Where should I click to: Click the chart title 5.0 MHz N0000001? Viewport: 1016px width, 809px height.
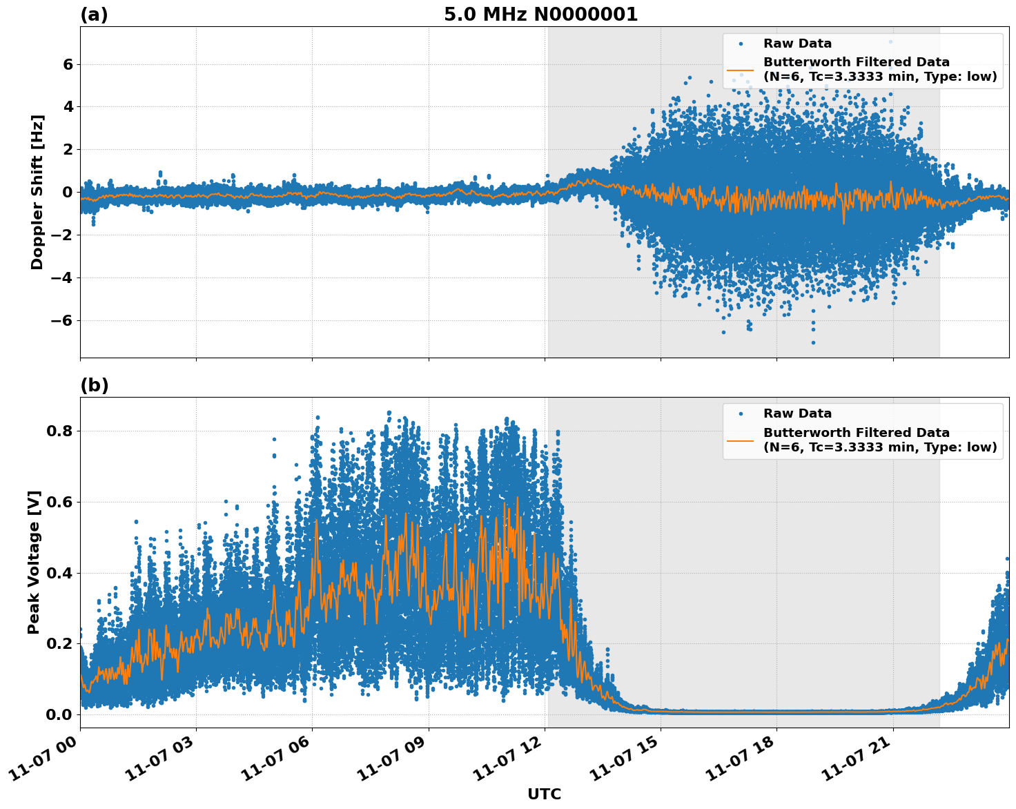[x=540, y=14]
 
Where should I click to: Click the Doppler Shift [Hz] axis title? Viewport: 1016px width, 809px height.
[x=37, y=192]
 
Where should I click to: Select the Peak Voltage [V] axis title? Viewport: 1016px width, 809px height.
[x=34, y=562]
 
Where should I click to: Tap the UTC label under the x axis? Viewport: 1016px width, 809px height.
[x=544, y=794]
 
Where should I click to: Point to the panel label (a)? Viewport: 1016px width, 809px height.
[x=94, y=14]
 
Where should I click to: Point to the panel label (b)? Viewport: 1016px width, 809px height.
[x=94, y=385]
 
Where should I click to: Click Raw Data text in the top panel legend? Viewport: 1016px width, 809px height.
[x=797, y=43]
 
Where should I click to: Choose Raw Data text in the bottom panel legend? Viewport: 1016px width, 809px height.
[x=797, y=413]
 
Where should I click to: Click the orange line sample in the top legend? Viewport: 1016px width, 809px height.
[x=740, y=70]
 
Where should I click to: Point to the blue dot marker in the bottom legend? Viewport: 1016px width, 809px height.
[x=740, y=413]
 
